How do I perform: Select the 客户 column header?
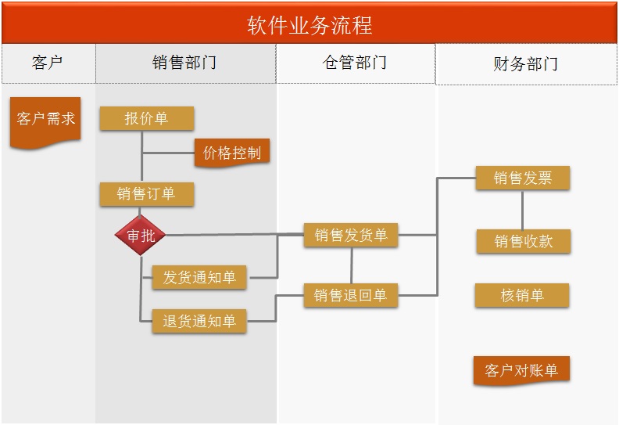[48, 63]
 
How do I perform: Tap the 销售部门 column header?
[185, 63]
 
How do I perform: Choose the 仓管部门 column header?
[355, 63]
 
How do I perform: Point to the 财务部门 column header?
[526, 64]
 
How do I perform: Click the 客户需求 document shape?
[46, 120]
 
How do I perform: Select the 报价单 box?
[146, 119]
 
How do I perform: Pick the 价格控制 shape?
[232, 153]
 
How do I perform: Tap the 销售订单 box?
[146, 193]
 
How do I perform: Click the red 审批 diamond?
[141, 235]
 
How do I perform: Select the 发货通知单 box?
[199, 277]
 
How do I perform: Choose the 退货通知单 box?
[199, 321]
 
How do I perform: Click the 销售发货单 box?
[351, 235]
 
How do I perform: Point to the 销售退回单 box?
[351, 295]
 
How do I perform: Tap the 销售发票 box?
[523, 178]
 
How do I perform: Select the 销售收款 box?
[524, 241]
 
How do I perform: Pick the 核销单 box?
[522, 295]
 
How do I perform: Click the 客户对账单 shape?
[521, 370]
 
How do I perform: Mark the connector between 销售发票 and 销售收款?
[523, 210]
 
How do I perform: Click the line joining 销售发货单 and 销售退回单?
[351, 265]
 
